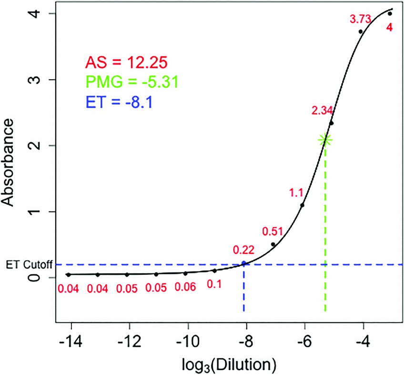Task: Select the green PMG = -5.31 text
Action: (132, 82)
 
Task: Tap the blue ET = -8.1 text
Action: (119, 102)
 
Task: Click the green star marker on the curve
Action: (325, 140)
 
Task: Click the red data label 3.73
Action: (360, 19)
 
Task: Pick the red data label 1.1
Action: (296, 193)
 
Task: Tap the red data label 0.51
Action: (273, 232)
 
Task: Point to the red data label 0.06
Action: (185, 287)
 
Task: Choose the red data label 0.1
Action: (214, 285)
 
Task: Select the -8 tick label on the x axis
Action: (243, 342)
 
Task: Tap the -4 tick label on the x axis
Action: (361, 342)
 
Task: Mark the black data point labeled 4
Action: (390, 13)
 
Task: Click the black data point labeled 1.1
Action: (302, 205)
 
